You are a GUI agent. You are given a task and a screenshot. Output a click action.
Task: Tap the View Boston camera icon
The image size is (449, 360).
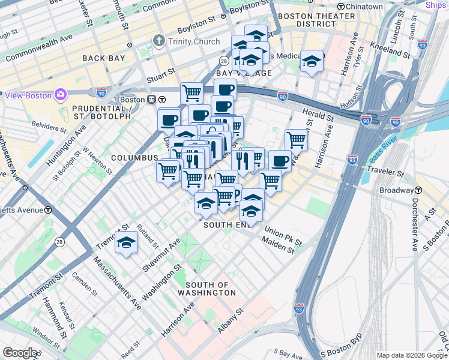tap(60, 95)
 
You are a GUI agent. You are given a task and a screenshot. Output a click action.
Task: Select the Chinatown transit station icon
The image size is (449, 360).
tap(341, 6)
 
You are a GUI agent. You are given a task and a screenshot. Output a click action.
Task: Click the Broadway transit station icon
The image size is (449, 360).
tap(419, 190)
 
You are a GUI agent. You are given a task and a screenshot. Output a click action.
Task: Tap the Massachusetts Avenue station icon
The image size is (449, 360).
tap(47, 210)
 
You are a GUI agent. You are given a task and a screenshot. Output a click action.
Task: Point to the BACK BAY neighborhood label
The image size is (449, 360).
tap(104, 58)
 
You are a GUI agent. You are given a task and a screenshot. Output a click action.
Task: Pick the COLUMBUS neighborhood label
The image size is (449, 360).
tap(134, 158)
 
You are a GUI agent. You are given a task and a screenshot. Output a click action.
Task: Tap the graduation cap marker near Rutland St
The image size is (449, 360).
tap(126, 242)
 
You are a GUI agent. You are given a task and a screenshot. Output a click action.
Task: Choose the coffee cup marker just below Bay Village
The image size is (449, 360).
tap(225, 90)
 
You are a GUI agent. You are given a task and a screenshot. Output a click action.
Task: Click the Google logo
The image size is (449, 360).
tap(20, 352)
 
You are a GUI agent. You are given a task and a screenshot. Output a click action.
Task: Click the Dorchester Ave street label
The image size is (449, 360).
tap(414, 230)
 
